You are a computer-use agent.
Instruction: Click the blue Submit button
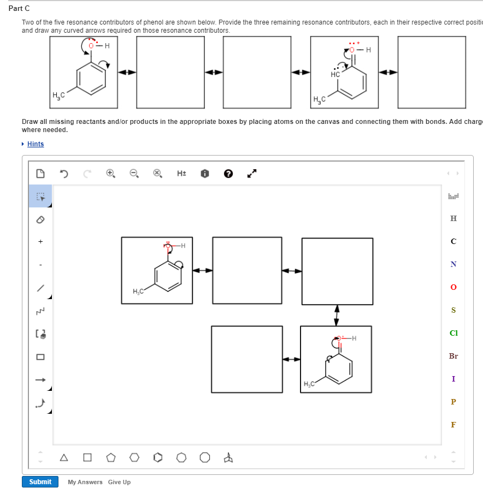pos(40,481)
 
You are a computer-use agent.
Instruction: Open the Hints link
pos(36,144)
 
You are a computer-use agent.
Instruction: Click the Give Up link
pos(119,482)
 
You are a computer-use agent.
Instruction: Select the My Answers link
pos(85,482)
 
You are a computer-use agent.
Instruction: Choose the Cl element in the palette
pos(453,333)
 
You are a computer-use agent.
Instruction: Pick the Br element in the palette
pos(453,356)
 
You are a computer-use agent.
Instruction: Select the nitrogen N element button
pos(453,264)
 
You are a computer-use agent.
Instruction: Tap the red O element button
pos(453,287)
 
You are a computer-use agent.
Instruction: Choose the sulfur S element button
pos(453,310)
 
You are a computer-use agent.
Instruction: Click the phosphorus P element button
pos(453,402)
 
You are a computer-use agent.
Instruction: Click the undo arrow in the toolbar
pos(64,174)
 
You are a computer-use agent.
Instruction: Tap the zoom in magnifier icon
pos(110,174)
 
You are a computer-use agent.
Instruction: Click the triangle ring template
pos(65,457)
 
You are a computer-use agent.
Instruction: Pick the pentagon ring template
pos(111,457)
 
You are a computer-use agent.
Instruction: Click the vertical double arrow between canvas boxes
pos(337,315)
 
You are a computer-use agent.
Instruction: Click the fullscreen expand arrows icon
pos(251,174)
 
